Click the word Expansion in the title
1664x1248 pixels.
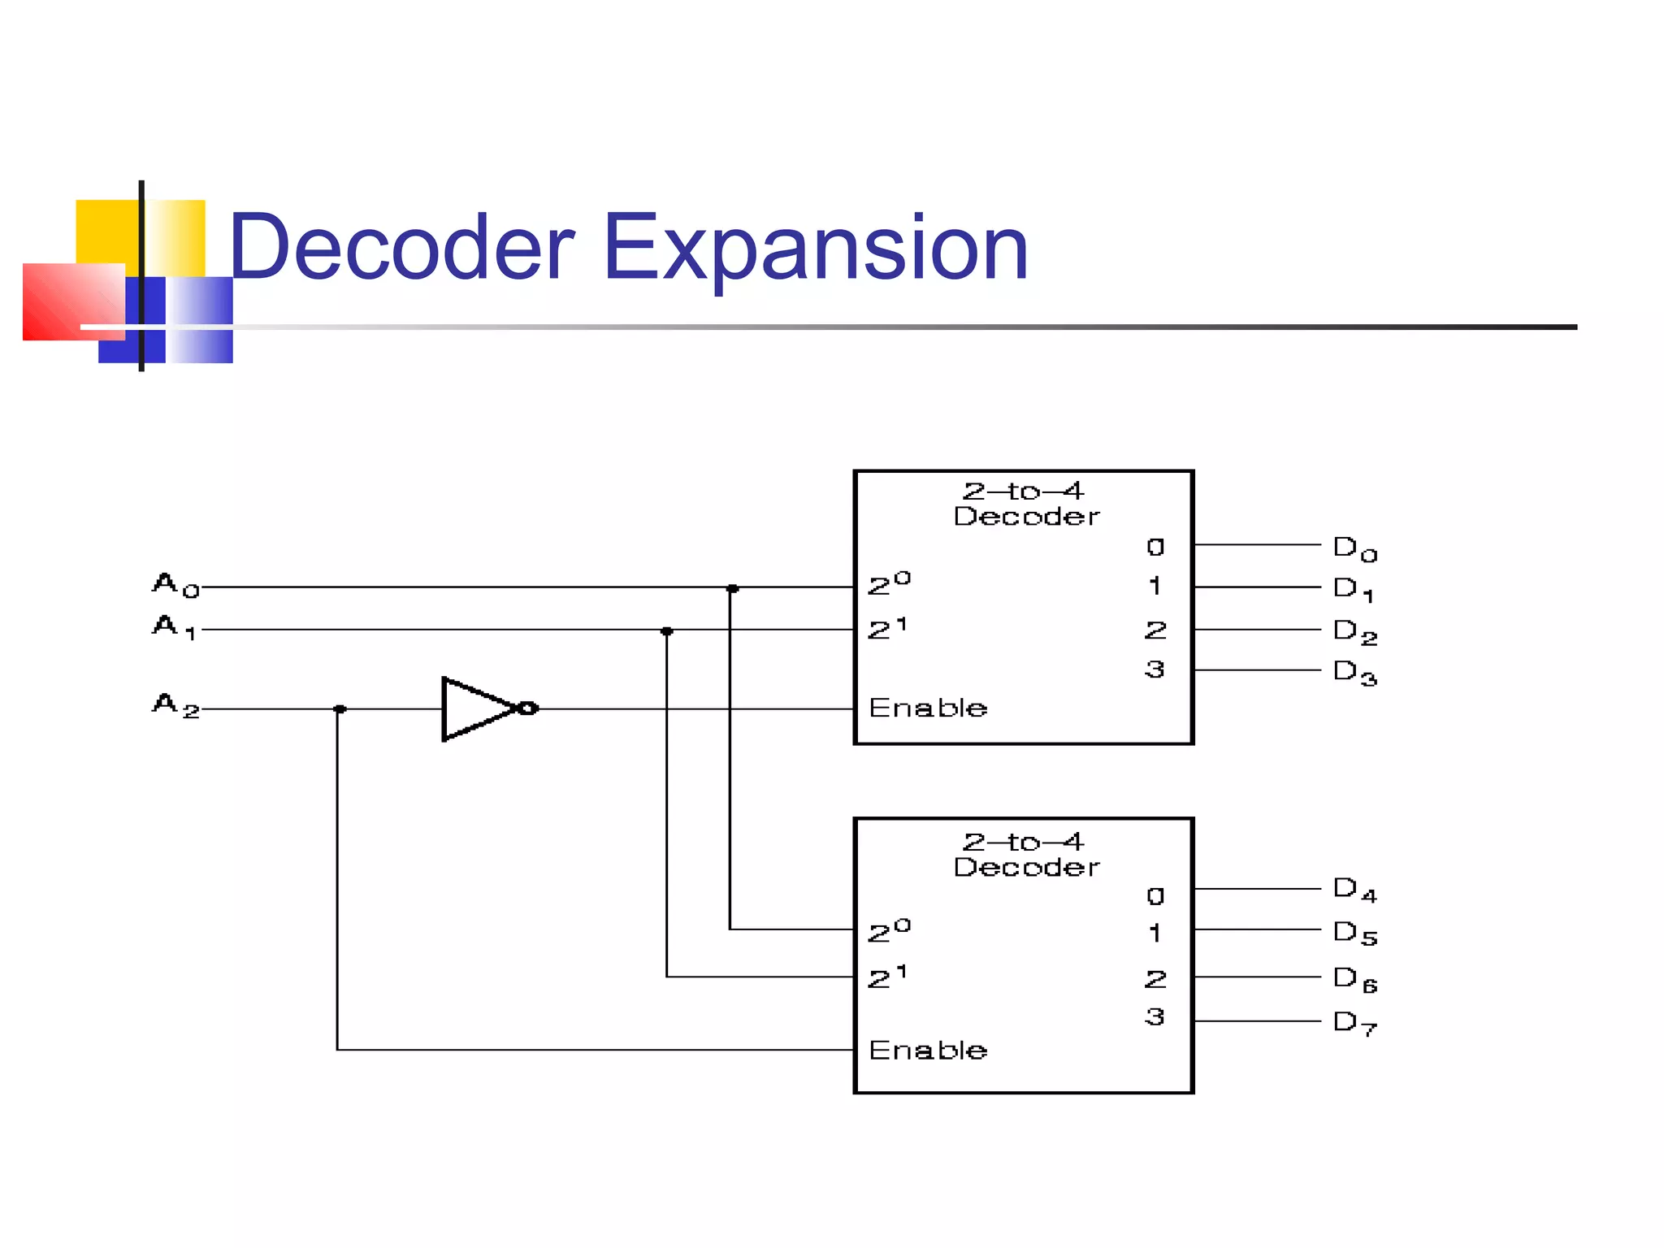pyautogui.click(x=816, y=248)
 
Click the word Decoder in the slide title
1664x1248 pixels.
pyautogui.click(x=403, y=248)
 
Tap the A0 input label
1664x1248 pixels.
pyautogui.click(x=175, y=585)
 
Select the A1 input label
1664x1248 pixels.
pyautogui.click(x=174, y=627)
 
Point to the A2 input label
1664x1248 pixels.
pyautogui.click(x=175, y=705)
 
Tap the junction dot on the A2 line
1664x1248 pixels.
pyautogui.click(x=340, y=709)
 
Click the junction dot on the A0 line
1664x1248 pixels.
pyautogui.click(x=732, y=588)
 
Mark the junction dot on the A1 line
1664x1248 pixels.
pyautogui.click(x=666, y=631)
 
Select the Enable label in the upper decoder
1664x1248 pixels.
pyautogui.click(x=928, y=708)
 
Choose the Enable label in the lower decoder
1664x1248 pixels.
pyautogui.click(x=928, y=1050)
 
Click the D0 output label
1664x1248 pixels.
pyautogui.click(x=1354, y=548)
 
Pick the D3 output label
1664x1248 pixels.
pyautogui.click(x=1354, y=673)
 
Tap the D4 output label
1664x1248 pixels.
pyautogui.click(x=1354, y=890)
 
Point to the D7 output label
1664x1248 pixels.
pyautogui.click(x=1354, y=1023)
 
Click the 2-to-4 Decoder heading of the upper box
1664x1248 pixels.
pyautogui.click(x=1025, y=504)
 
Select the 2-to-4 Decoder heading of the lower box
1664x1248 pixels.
pyautogui.click(x=1025, y=854)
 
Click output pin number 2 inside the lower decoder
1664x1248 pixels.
pyautogui.click(x=1155, y=978)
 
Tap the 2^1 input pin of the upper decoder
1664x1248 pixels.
pyautogui.click(x=886, y=629)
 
